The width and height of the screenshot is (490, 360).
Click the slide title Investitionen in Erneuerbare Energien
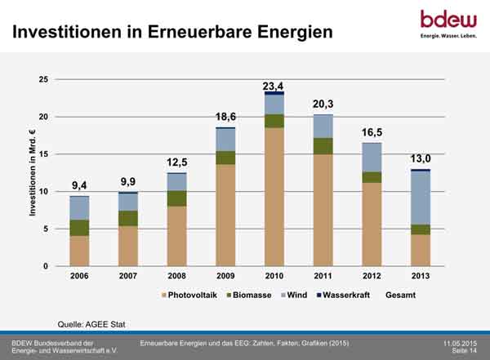171,33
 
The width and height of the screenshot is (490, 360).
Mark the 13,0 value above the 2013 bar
420,160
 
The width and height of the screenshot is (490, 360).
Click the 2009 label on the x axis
226,276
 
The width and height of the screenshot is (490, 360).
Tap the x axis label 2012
372,276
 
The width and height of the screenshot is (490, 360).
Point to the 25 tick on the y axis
42,79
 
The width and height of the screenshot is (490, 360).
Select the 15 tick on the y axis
42,154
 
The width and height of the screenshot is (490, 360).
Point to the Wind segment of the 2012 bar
372,158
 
